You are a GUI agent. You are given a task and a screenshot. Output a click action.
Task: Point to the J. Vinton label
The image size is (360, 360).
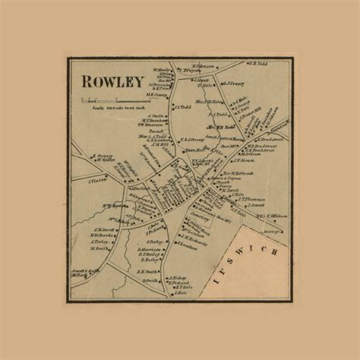point(96,181)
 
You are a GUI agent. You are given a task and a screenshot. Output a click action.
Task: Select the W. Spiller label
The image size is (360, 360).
point(106,160)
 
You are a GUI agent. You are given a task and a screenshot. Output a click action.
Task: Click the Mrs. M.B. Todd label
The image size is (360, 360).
point(219,127)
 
